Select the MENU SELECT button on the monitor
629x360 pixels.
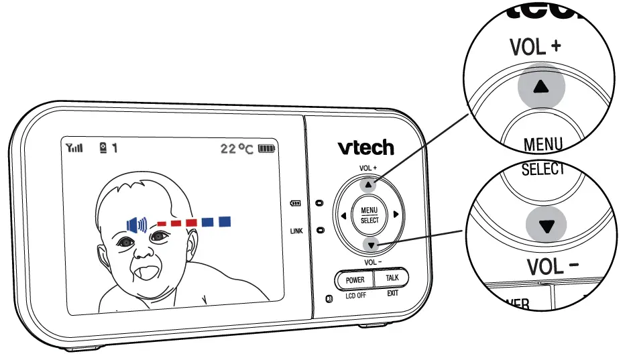[369, 215]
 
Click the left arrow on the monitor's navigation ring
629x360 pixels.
[343, 215]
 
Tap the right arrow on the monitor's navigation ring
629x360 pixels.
[396, 215]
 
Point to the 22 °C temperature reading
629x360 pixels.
[237, 148]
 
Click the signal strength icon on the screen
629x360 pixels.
[73, 148]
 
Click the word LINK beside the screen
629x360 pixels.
[296, 231]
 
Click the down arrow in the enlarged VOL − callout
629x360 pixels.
[549, 226]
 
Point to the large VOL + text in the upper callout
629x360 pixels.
[534, 48]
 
